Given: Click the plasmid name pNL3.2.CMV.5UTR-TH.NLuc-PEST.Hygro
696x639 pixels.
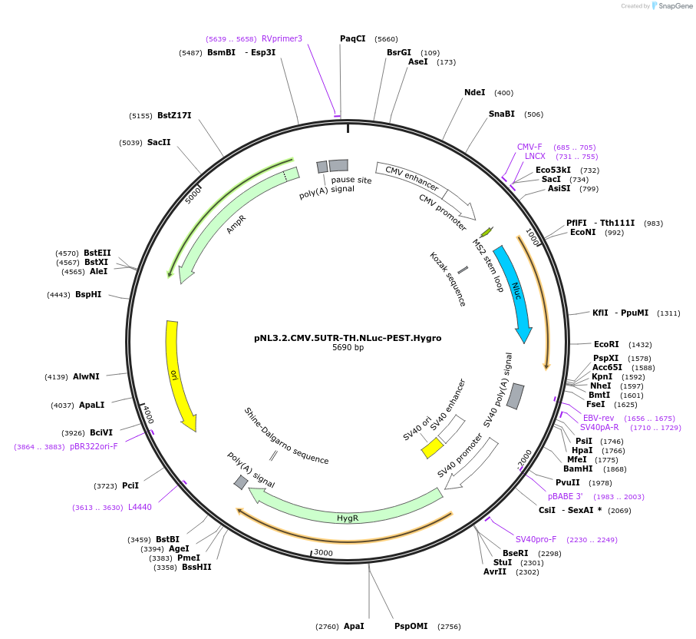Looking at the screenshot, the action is pos(348,337).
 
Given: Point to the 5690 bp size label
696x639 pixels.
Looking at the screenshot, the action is pos(348,348).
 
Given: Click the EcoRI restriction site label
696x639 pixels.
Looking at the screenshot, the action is pos(606,345).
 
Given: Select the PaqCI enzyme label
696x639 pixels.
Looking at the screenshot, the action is pos(353,38).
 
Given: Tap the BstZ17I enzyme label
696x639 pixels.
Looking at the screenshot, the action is pos(174,116).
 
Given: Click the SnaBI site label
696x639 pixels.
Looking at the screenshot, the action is pos(502,114).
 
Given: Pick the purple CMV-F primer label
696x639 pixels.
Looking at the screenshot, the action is pos(529,147).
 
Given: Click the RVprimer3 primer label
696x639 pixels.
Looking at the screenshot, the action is pos(282,38).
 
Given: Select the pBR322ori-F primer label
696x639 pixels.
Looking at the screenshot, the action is pos(94,446).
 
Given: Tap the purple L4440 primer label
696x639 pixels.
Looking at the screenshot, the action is pos(140,507).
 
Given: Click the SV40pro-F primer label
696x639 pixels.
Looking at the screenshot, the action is pos(536,539).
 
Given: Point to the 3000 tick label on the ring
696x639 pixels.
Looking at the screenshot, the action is pos(322,552).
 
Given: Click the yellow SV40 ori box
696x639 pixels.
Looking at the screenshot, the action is pos(433,448).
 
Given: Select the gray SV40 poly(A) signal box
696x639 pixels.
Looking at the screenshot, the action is pos(516,396).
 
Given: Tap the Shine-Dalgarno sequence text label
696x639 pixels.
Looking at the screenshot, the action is pos(286,436).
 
